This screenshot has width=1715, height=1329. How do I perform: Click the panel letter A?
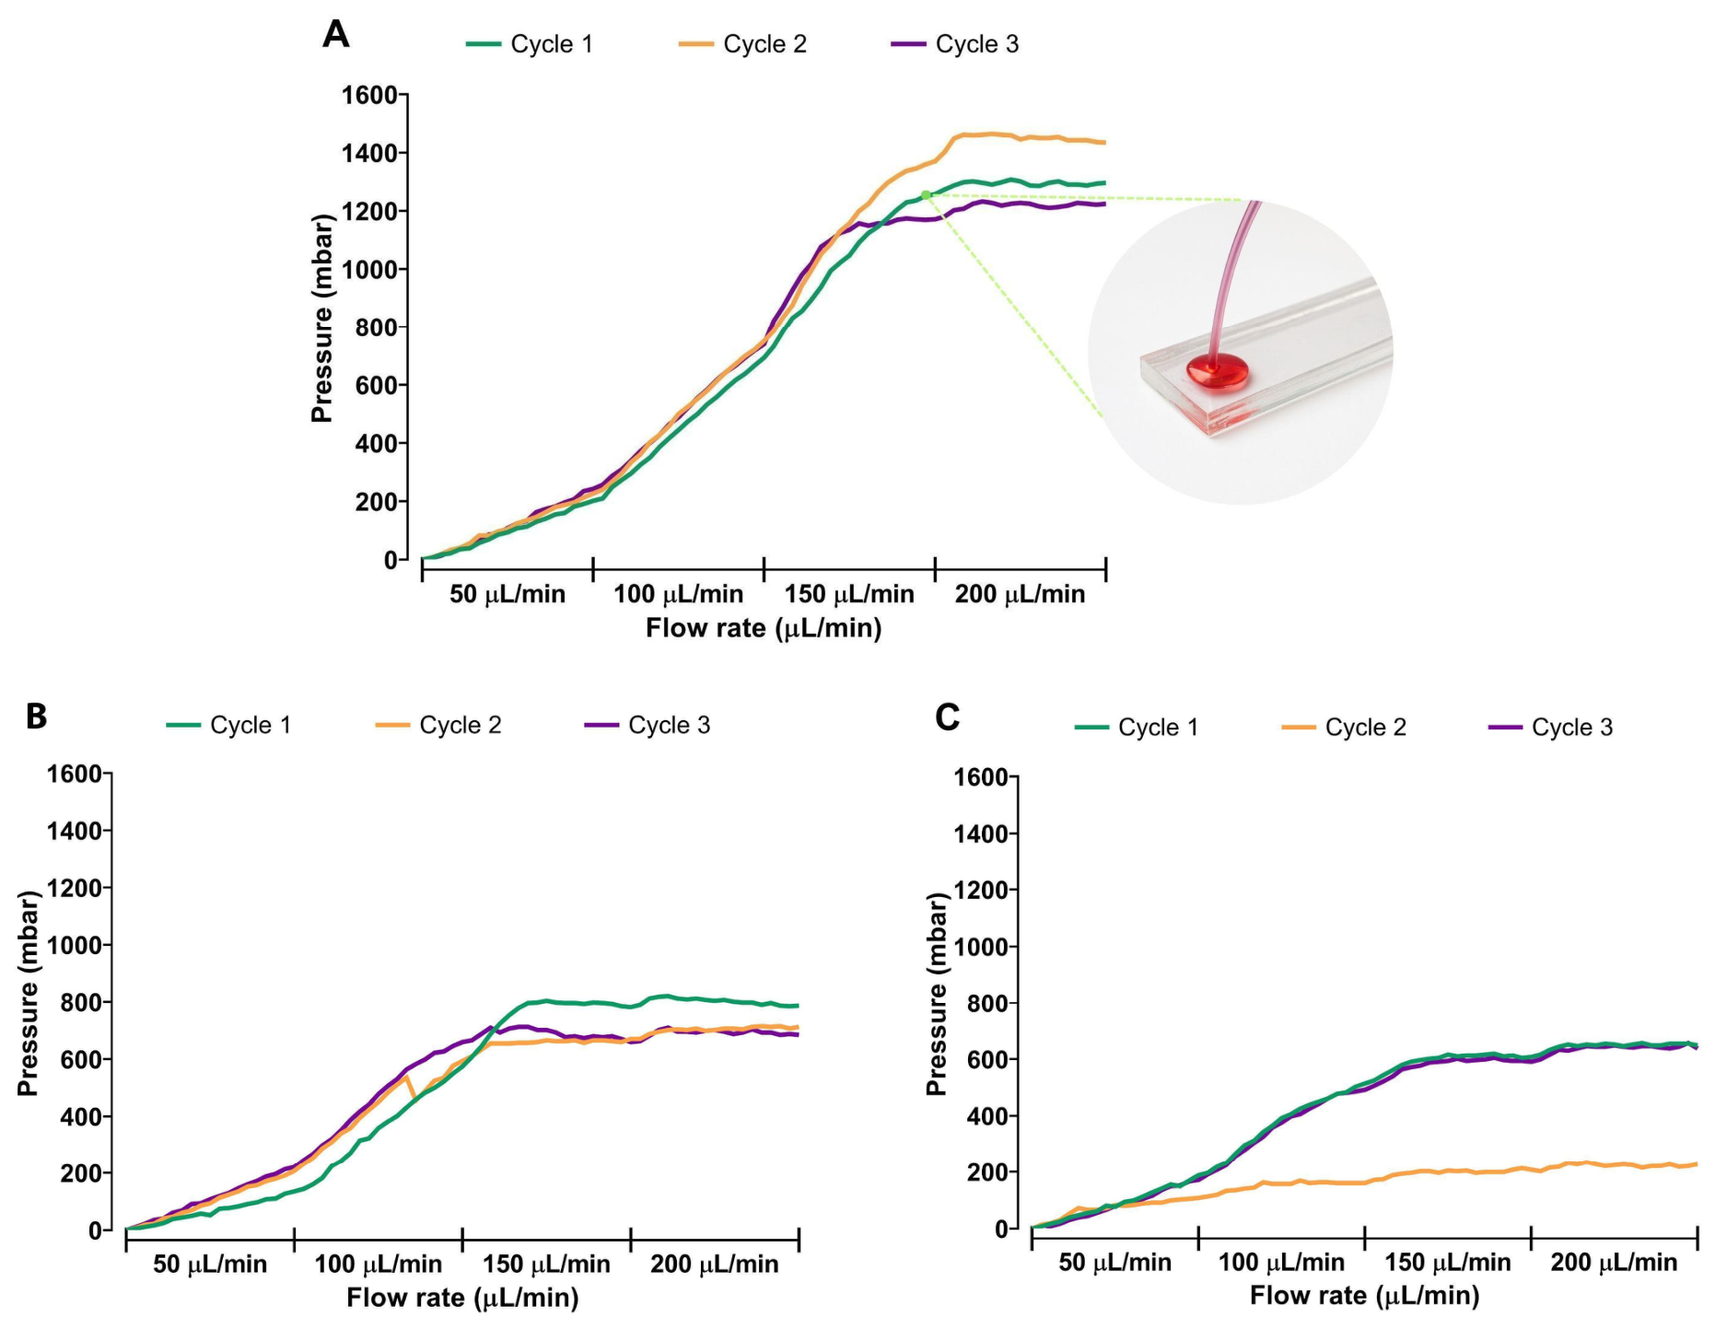[x=336, y=35]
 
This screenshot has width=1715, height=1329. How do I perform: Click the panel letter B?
[x=36, y=716]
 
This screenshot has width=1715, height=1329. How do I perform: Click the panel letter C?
[x=948, y=717]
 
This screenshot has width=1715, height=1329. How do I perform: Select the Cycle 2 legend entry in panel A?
[x=742, y=44]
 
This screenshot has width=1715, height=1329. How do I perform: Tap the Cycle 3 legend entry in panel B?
[x=647, y=726]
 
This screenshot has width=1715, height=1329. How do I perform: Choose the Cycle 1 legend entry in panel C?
[x=1137, y=728]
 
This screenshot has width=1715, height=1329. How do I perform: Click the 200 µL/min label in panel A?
[x=1020, y=594]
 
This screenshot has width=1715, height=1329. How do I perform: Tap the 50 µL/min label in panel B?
[x=210, y=1264]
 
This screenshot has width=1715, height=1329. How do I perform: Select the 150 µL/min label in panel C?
[x=1448, y=1262]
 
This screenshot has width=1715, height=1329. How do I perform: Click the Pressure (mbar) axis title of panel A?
[x=321, y=319]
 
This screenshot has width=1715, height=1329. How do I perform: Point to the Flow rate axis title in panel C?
[x=1364, y=1296]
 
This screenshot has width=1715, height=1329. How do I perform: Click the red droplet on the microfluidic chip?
[x=1217, y=373]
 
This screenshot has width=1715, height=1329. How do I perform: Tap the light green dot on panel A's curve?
[x=926, y=194]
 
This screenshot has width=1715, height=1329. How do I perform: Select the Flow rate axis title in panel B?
[x=462, y=1298]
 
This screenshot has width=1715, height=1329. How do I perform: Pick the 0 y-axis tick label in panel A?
[x=390, y=559]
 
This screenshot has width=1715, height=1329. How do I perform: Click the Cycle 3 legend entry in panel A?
[x=955, y=44]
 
